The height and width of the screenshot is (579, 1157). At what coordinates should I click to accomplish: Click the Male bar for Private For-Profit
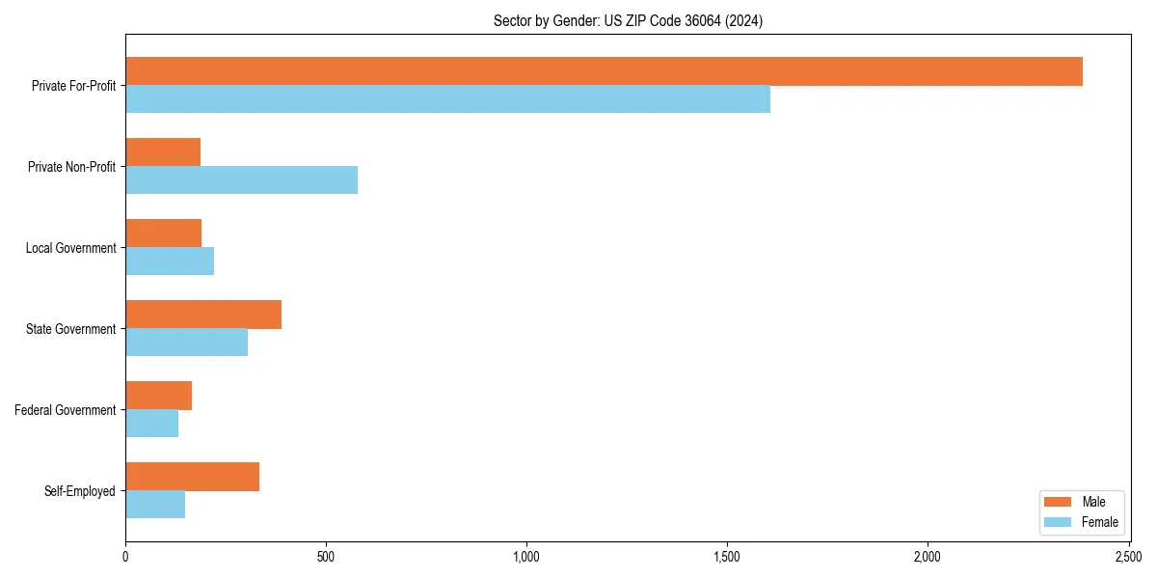[x=604, y=71]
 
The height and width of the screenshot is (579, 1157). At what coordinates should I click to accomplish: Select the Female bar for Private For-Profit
[x=447, y=99]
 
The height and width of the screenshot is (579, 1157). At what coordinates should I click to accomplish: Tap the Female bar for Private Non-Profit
[x=241, y=180]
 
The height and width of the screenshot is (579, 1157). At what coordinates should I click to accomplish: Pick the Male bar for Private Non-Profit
[x=163, y=152]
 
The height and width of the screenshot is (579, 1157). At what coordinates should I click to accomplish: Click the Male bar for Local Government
[x=163, y=234]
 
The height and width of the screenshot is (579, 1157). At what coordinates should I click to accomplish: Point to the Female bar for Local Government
[x=170, y=262]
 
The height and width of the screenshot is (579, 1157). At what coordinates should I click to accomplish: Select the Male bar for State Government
[x=203, y=315]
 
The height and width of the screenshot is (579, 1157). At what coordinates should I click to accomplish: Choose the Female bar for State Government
[x=186, y=343]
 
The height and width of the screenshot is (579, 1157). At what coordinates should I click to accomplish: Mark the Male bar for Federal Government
[x=158, y=396]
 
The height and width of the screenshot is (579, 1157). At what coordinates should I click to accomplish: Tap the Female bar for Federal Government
[x=151, y=424]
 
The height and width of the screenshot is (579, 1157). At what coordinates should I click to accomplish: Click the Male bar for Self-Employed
[x=192, y=477]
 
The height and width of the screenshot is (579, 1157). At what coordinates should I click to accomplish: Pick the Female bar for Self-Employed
[x=155, y=505]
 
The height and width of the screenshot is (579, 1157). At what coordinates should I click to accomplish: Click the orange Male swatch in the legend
[x=1058, y=502]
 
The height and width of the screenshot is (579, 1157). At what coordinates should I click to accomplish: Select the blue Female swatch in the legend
[x=1058, y=522]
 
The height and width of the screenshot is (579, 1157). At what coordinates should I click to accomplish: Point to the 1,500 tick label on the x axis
[x=727, y=558]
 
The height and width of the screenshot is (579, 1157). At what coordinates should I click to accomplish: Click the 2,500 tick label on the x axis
[x=1128, y=558]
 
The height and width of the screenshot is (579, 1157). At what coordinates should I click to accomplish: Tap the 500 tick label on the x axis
[x=326, y=558]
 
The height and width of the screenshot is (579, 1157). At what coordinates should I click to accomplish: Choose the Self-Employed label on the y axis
[x=80, y=491]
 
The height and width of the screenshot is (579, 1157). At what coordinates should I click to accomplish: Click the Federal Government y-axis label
[x=66, y=410]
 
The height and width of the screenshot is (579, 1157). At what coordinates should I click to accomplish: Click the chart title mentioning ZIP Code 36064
[x=628, y=21]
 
